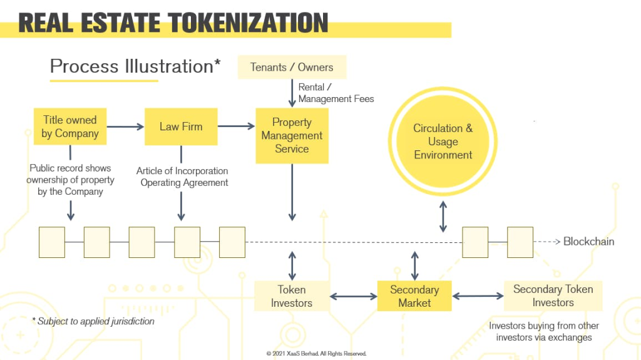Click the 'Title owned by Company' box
pyautogui.click(x=70, y=126)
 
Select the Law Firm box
pyautogui.click(x=181, y=126)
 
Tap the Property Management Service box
pyautogui.click(x=292, y=136)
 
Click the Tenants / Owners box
pyautogui.click(x=292, y=67)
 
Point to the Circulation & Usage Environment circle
pyautogui.click(x=443, y=141)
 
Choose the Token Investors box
pyautogui.click(x=292, y=296)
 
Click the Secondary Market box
pyautogui.click(x=414, y=296)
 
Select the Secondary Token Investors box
pyautogui.click(x=553, y=296)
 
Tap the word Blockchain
pyautogui.click(x=588, y=242)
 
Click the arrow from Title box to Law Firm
pyautogui.click(x=125, y=127)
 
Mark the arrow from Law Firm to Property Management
pyautogui.click(x=236, y=126)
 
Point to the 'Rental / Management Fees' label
pyautogui.click(x=336, y=93)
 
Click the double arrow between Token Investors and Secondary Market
pyautogui.click(x=354, y=296)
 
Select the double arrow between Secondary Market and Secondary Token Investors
pyautogui.click(x=478, y=296)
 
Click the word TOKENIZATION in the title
pyautogui.click(x=248, y=23)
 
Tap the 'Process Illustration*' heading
pyautogui.click(x=135, y=66)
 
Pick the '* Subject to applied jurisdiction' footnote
pyautogui.click(x=93, y=321)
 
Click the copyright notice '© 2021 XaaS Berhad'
pyautogui.click(x=316, y=354)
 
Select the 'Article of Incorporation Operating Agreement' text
pyautogui.click(x=182, y=177)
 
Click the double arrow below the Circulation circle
pyautogui.click(x=443, y=217)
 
